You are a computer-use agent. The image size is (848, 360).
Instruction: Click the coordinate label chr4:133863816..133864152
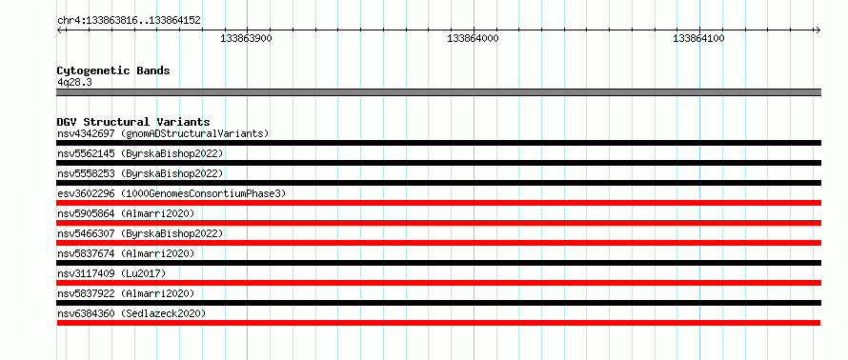point(129,21)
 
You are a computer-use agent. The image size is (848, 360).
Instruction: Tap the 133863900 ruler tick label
point(247,38)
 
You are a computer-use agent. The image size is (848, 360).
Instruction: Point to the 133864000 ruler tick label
point(474,38)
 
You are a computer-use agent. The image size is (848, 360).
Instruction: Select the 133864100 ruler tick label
point(698,38)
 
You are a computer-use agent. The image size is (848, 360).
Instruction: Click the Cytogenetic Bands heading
point(113,70)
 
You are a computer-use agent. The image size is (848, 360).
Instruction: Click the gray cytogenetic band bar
point(439,92)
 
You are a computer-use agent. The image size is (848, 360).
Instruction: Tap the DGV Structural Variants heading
point(133,122)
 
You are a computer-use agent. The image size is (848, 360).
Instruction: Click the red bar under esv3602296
point(439,203)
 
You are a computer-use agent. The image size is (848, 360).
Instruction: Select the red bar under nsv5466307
point(439,243)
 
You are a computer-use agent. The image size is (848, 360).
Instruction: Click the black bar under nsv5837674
point(439,263)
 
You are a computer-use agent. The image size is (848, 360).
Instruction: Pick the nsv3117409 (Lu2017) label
point(111,273)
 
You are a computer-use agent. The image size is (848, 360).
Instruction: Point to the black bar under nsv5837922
point(439,303)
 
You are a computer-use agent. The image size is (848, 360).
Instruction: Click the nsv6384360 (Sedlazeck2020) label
point(131,313)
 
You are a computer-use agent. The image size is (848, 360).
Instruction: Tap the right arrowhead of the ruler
point(818,30)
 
